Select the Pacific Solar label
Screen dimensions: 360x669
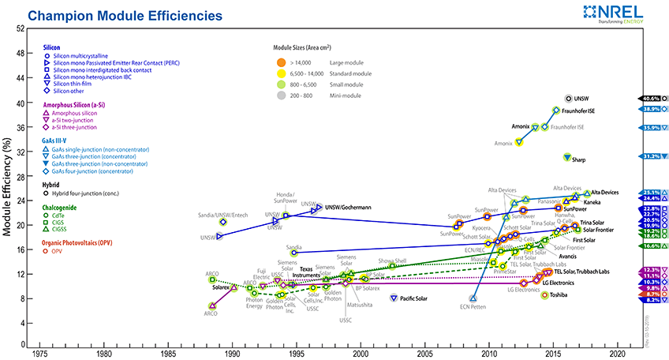click(x=419, y=298)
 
